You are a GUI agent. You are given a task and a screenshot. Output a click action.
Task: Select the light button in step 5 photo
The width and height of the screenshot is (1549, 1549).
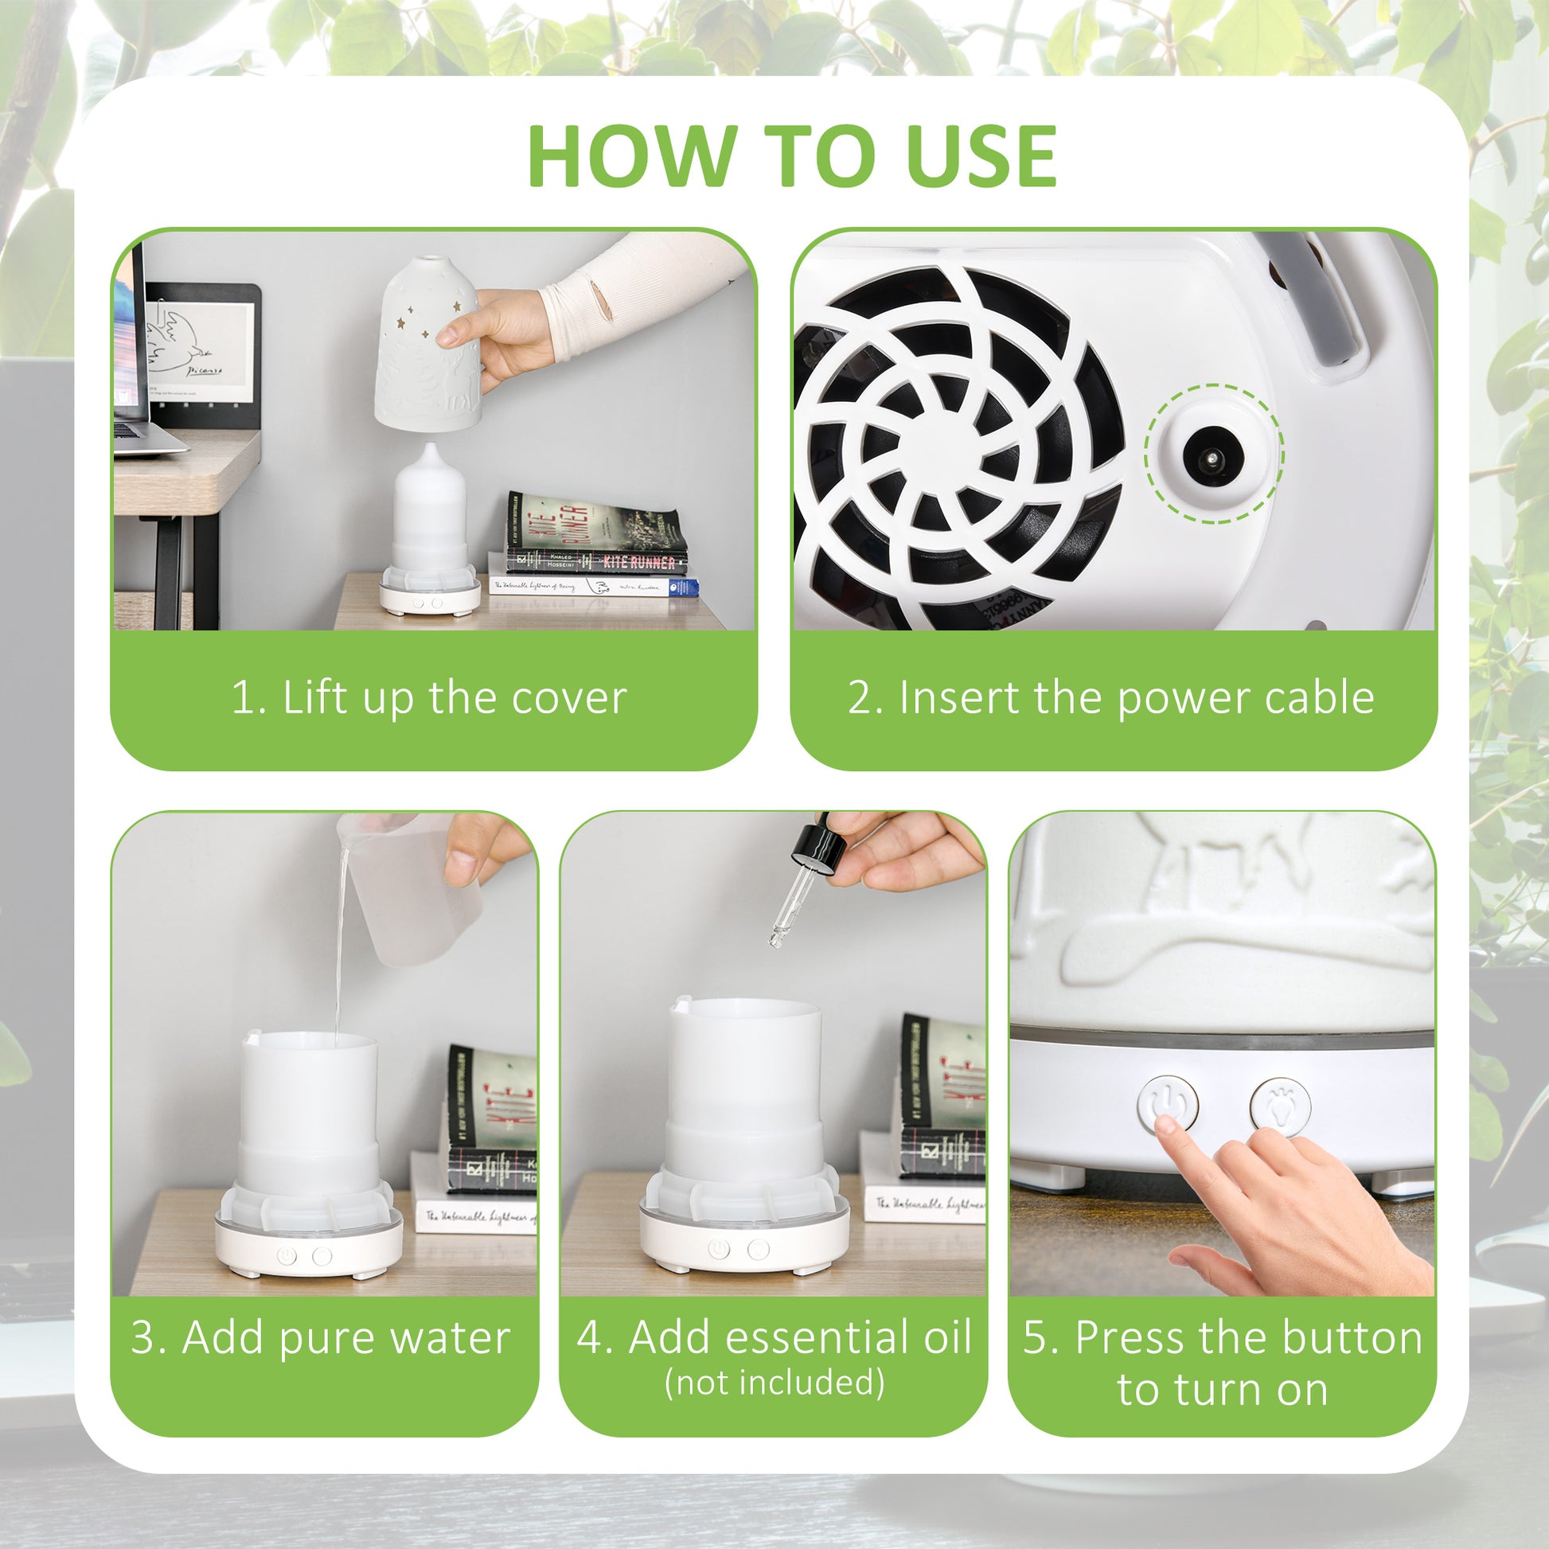[x=1281, y=1106]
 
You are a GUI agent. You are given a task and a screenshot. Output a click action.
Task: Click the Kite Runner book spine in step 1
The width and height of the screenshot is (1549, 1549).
[x=597, y=562]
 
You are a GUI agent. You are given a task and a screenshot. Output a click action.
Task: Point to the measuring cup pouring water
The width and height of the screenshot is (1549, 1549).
[x=409, y=890]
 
